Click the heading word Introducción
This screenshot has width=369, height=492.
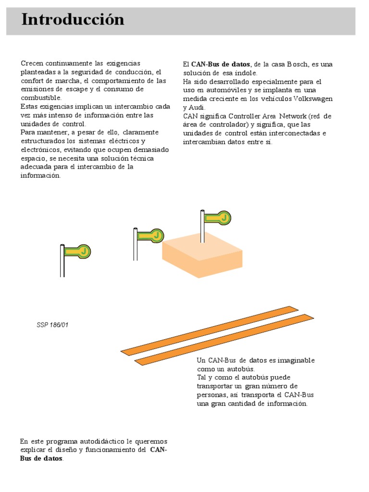click(73, 20)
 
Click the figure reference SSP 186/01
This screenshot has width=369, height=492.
click(52, 325)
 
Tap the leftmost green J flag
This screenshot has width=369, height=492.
click(78, 251)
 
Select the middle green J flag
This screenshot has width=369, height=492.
click(151, 236)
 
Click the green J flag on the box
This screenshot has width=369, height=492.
click(218, 218)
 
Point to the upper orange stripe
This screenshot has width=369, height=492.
click(210, 330)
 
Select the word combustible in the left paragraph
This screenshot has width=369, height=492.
click(41, 98)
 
